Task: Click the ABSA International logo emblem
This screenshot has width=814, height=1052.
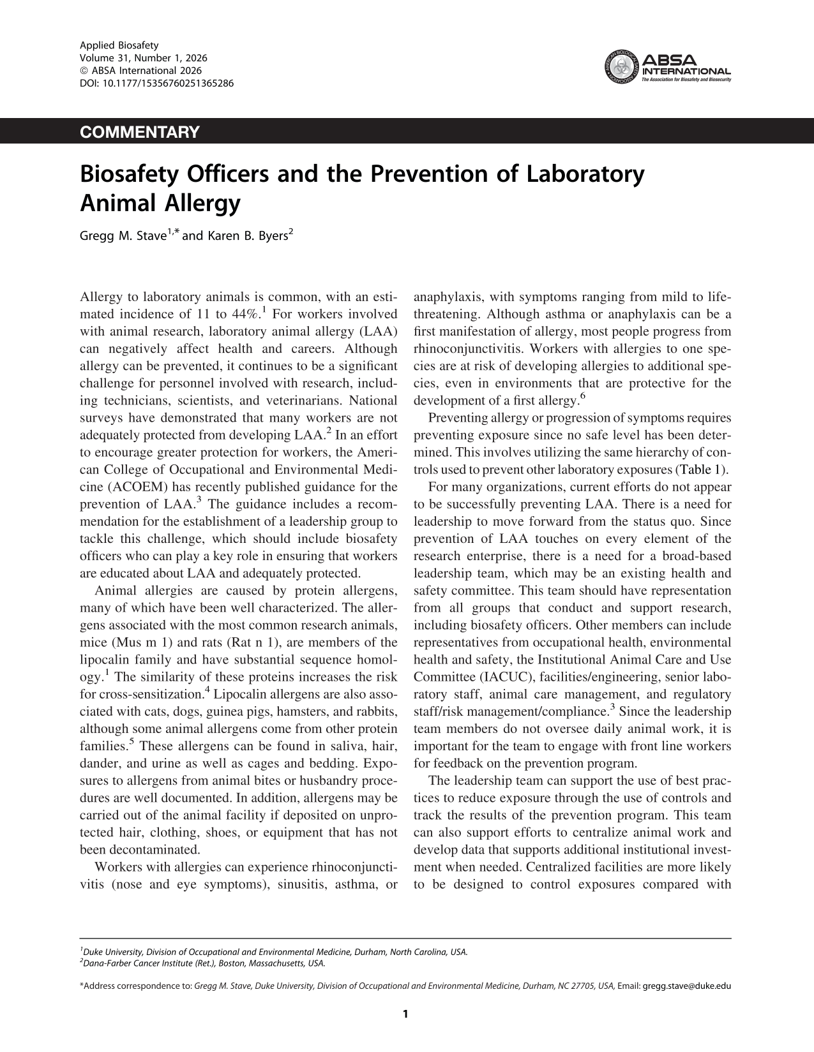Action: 621,68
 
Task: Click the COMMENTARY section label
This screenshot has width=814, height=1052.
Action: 140,132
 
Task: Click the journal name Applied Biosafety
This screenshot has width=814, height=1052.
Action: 119,45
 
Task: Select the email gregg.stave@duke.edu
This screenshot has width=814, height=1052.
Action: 686,986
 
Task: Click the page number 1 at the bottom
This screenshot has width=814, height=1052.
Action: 406,1014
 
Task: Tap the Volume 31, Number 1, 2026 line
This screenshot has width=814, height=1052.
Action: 143,58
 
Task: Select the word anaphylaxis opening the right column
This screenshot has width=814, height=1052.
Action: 448,297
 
